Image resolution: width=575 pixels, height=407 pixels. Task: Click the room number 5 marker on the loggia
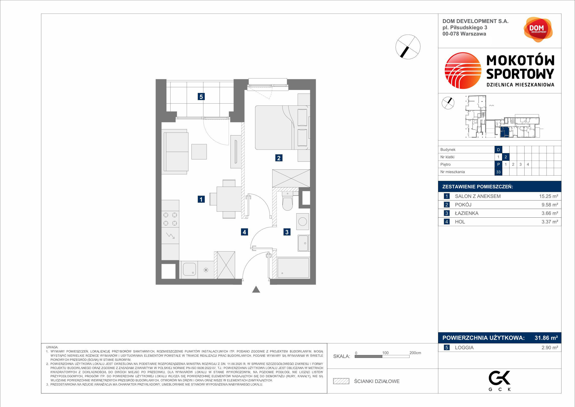click(201, 96)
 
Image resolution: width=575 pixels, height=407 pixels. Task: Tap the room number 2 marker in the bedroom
click(279, 158)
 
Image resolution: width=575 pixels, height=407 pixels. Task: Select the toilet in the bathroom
click(287, 201)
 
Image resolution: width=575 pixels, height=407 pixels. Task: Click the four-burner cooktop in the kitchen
click(170, 219)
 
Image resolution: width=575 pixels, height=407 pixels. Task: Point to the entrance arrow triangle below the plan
click(256, 289)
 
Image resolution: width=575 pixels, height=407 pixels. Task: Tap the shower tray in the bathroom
click(293, 268)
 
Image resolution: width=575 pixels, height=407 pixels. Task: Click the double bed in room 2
click(282, 127)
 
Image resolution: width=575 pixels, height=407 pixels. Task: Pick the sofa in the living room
click(175, 152)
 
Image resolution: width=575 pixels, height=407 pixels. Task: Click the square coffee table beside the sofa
click(199, 152)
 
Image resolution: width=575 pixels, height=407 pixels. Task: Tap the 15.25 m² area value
click(548, 196)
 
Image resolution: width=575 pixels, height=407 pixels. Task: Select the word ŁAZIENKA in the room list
click(467, 213)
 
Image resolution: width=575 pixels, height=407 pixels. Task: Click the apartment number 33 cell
click(498, 172)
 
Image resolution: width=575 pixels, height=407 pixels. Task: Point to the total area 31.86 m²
click(546, 338)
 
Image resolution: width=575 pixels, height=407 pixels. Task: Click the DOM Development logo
click(538, 30)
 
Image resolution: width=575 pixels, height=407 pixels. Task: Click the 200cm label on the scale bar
click(415, 353)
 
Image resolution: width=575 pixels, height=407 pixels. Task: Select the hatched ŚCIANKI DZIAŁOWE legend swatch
click(341, 381)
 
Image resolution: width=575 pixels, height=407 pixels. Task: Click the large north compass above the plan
click(408, 47)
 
